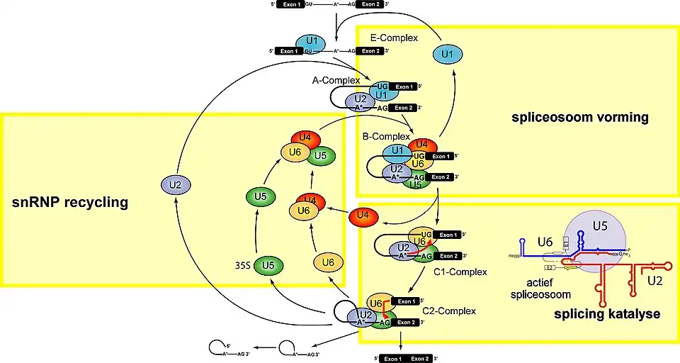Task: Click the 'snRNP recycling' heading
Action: pos(69,203)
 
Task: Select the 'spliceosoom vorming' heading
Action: pos(580,116)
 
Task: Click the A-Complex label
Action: pos(334,82)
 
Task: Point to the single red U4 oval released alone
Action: pos(364,214)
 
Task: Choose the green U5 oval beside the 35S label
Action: pos(269,267)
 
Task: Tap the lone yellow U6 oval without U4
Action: pos(327,262)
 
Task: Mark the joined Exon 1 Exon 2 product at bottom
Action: pos(406,358)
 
